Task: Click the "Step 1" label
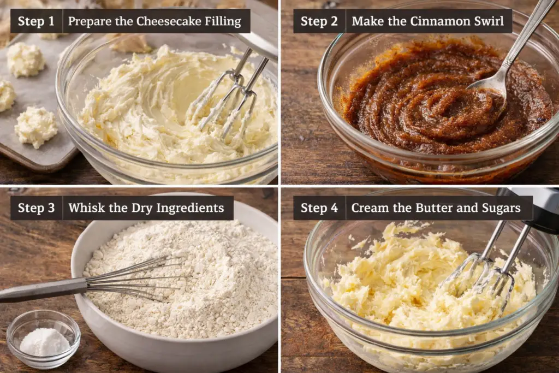tap(36, 21)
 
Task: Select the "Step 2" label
tap(319, 21)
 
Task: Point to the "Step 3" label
tap(36, 208)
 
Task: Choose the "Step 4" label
tap(319, 208)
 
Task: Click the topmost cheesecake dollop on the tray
tap(26, 59)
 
